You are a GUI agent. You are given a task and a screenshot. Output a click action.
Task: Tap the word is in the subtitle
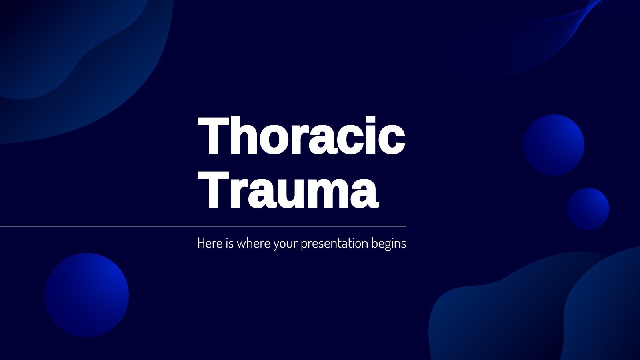[x=229, y=243]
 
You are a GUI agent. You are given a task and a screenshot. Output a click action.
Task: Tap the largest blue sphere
[x=87, y=295]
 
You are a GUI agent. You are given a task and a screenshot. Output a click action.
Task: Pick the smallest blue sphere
[x=588, y=209]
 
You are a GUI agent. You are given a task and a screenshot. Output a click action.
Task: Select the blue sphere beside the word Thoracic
[x=554, y=145]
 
